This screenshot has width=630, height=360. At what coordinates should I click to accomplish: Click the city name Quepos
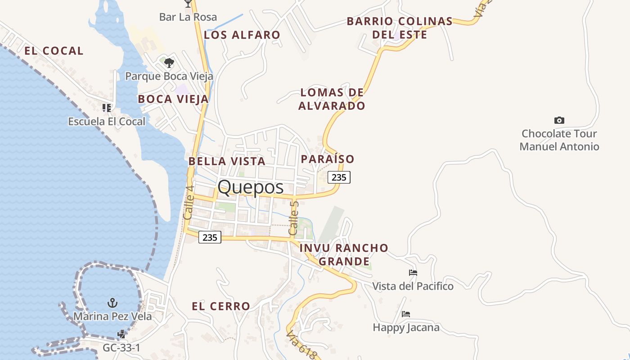tap(251, 187)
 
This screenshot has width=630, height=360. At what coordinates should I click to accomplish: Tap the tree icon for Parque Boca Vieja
tap(169, 63)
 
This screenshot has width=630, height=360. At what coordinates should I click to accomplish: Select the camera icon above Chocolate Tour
tap(559, 120)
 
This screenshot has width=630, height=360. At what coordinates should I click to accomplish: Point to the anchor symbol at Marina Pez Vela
tap(112, 303)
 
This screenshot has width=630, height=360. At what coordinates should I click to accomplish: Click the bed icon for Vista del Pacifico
tap(413, 273)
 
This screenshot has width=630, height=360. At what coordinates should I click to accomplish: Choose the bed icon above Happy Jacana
tap(406, 314)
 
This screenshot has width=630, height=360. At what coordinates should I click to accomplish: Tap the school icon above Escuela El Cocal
tap(107, 108)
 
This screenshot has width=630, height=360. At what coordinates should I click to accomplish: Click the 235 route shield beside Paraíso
tap(339, 177)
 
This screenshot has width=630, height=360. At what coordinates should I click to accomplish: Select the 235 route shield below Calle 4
tap(210, 237)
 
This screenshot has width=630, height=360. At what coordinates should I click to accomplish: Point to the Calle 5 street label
tap(293, 218)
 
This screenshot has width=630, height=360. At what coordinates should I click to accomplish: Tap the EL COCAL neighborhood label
tap(54, 51)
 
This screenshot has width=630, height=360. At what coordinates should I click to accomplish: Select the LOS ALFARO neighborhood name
tap(242, 35)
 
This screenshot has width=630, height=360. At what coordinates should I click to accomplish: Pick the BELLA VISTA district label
tap(227, 161)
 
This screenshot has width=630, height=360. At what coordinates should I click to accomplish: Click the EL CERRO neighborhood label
tap(221, 306)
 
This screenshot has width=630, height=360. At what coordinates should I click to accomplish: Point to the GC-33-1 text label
tap(121, 348)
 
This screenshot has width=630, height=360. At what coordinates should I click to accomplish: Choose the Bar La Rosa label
tap(188, 17)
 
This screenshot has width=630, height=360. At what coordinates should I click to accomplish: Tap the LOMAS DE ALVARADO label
tap(332, 99)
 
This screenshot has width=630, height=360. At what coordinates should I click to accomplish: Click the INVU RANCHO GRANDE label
tap(344, 254)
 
